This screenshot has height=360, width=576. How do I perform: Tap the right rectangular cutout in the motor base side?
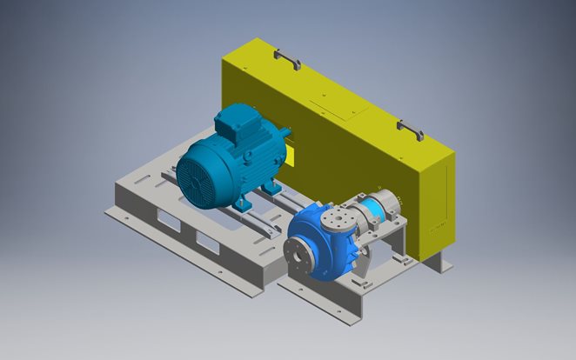[208, 242]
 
